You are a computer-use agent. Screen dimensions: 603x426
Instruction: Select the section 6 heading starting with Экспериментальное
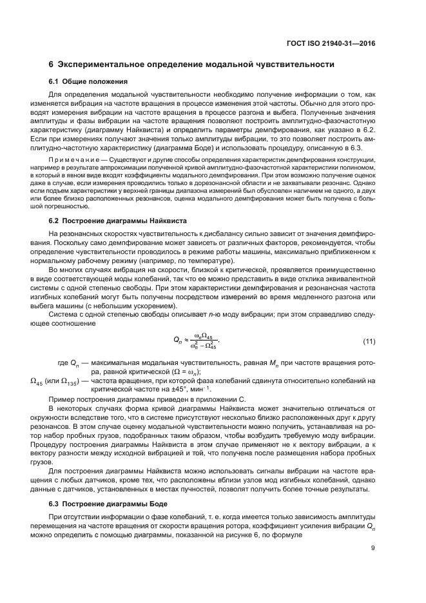191,64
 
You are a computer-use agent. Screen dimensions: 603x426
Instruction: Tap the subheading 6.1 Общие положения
88,81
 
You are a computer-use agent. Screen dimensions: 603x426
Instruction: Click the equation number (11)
369,341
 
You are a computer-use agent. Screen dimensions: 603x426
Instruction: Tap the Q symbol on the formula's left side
178,341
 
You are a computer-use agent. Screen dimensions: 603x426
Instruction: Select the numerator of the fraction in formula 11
205,336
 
